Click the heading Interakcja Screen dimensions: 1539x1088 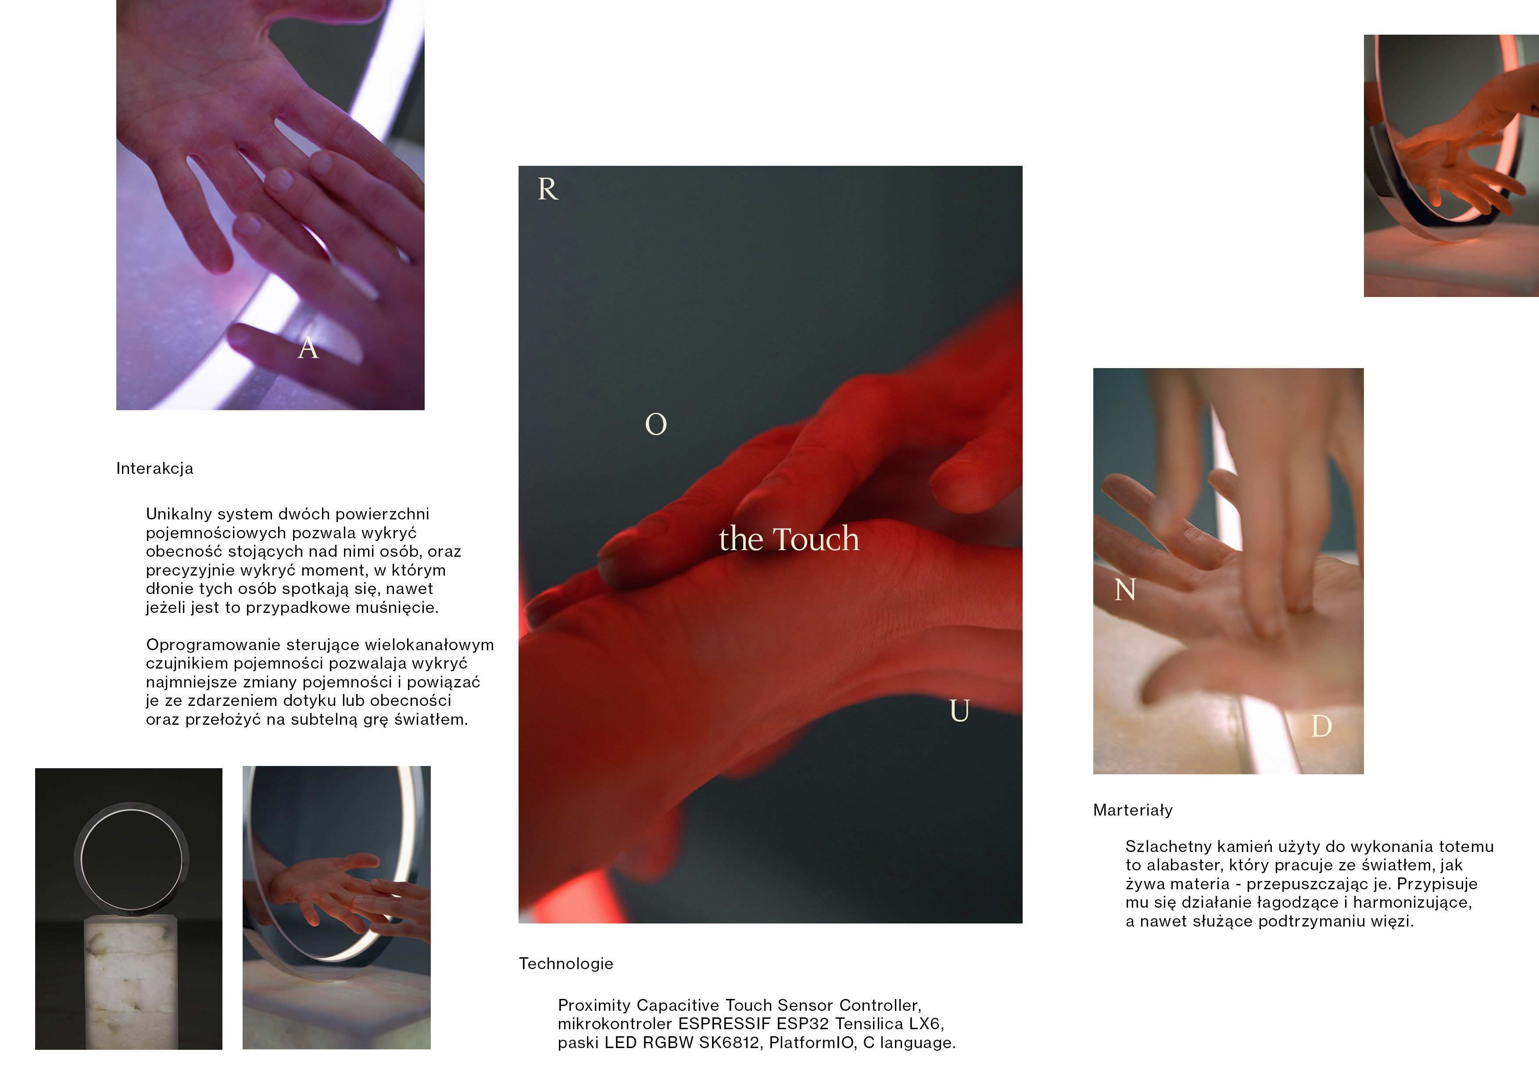(x=155, y=469)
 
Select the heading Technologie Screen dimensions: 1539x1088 (x=566, y=964)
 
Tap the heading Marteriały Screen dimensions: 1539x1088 (x=1133, y=810)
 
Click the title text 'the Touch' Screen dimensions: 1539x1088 (x=789, y=539)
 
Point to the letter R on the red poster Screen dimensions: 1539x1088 (x=548, y=189)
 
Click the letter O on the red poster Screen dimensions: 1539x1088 (x=656, y=424)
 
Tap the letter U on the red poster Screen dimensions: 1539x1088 (x=960, y=711)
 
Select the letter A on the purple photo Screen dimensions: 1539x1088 (x=308, y=348)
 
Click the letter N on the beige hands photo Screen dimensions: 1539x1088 (x=1125, y=590)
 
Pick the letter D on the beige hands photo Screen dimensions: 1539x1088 (x=1321, y=727)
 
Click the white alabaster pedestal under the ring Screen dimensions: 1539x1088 (x=131, y=983)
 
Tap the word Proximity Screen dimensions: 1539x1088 (x=594, y=1006)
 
